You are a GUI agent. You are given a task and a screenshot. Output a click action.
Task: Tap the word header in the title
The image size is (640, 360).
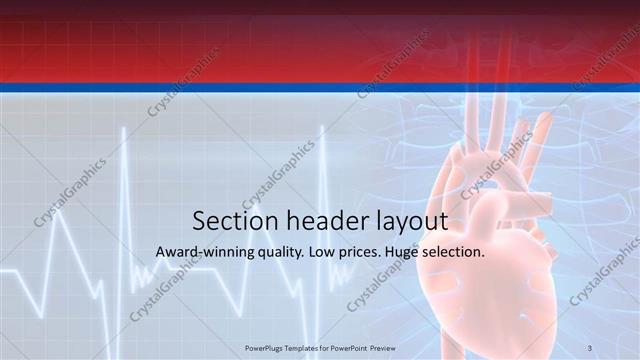point(320,221)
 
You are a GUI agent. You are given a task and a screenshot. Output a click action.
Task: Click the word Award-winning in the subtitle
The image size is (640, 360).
point(203,252)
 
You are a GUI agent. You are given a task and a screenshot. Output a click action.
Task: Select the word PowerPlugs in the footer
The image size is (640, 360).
point(266,347)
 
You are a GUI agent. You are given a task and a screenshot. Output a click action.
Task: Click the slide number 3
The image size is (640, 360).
point(590,347)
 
